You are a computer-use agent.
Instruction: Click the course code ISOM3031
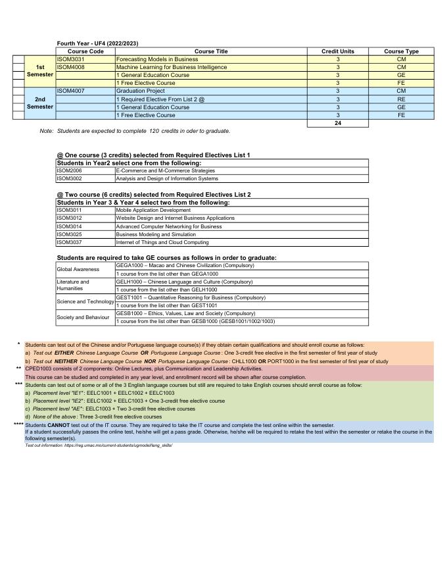click(x=71, y=59)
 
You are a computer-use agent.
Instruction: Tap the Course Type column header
click(x=401, y=51)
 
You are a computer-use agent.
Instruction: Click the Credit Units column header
click(x=338, y=51)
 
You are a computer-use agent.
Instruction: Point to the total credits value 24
click(x=338, y=123)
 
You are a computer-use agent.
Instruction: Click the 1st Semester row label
click(x=40, y=71)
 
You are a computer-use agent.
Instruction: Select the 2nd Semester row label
click(x=40, y=103)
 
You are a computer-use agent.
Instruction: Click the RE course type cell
click(x=401, y=99)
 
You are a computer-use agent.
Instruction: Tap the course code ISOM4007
click(x=71, y=91)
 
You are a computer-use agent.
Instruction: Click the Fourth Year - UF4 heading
click(x=97, y=43)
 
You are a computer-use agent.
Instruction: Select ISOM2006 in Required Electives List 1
click(x=69, y=170)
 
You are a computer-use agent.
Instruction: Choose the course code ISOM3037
click(x=69, y=242)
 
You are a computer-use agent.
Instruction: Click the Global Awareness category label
click(x=78, y=269)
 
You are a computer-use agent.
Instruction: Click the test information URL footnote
click(x=99, y=445)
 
